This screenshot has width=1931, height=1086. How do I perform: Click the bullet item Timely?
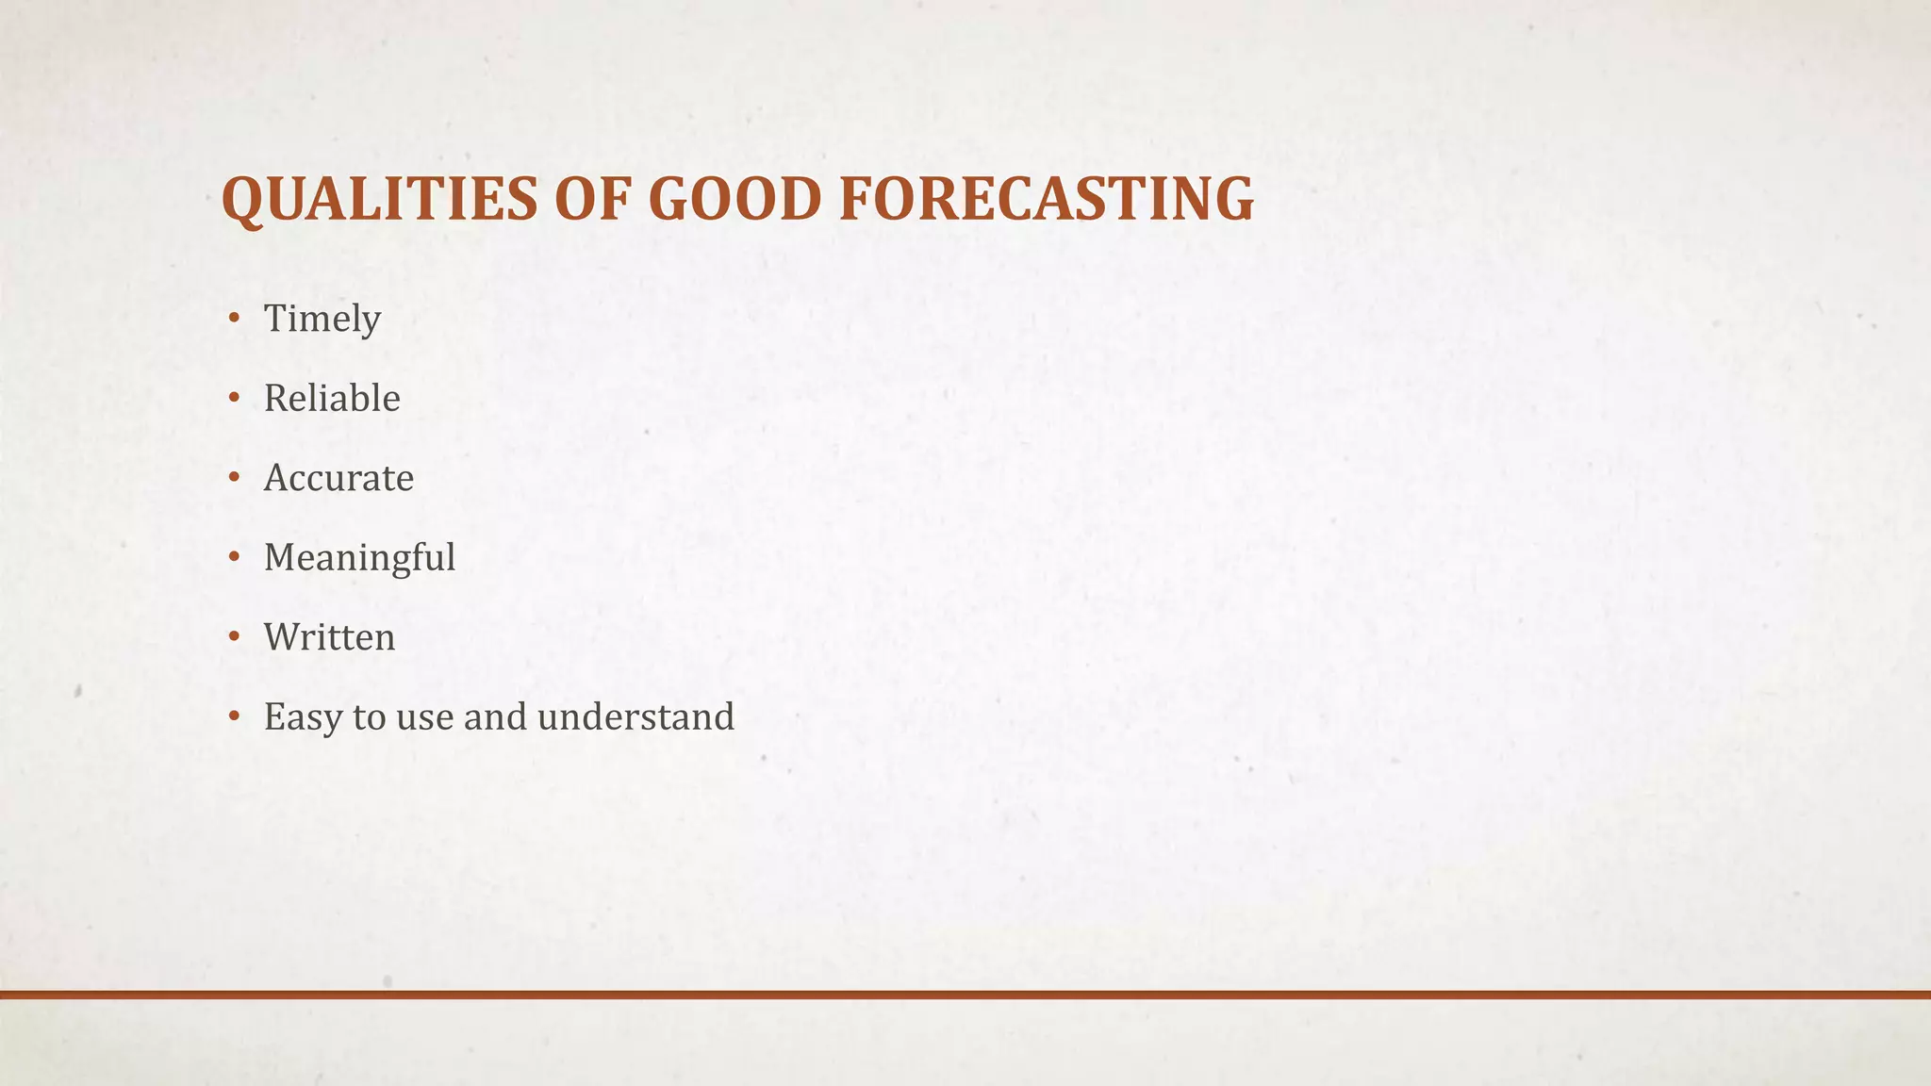point(322,319)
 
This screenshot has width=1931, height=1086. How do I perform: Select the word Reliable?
point(332,398)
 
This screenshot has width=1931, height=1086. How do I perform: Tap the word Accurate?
point(338,478)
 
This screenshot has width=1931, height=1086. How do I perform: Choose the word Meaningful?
point(359,557)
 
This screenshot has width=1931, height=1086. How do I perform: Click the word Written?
point(329,637)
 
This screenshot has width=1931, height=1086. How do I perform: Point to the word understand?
point(635,717)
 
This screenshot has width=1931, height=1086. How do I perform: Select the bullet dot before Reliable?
point(234,398)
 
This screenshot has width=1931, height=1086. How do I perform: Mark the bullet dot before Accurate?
point(234,477)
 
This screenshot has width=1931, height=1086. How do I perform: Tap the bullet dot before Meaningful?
point(234,557)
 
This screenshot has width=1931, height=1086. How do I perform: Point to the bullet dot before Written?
point(234,636)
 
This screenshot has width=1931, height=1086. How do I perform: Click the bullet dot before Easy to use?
point(234,716)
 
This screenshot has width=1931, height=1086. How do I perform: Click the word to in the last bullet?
point(369,717)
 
